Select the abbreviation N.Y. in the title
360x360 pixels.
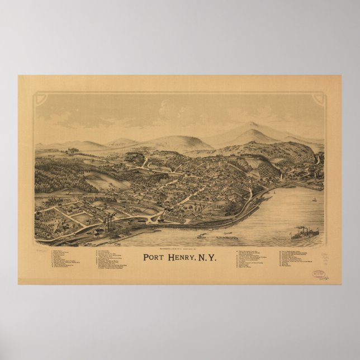(207, 258)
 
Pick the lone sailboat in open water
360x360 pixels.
(314, 199)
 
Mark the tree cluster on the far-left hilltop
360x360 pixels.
(70, 150)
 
